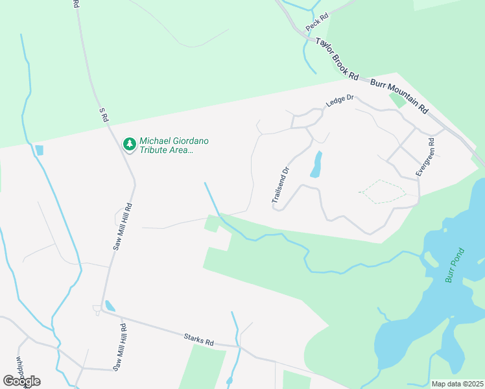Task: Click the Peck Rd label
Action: point(317,24)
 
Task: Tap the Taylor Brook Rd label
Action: point(337,58)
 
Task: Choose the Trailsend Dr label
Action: point(281,185)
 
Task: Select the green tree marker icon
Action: point(130,143)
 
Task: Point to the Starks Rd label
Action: point(198,338)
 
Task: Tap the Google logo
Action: point(21,381)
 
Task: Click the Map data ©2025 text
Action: point(458,384)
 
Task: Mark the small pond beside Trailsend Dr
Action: point(316,165)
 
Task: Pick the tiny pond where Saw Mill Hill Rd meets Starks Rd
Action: point(110,305)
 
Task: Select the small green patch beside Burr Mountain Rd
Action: point(397,100)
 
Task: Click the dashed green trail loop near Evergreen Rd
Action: point(383,191)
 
